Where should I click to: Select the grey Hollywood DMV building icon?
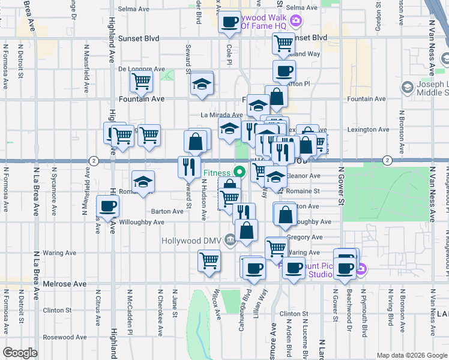pyautogui.click(x=230, y=241)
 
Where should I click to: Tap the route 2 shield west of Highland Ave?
pyautogui.click(x=94, y=160)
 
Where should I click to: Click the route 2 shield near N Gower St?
pyautogui.click(x=388, y=160)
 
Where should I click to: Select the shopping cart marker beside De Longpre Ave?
pyautogui.click(x=141, y=80)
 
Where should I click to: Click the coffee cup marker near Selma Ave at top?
pyautogui.click(x=229, y=23)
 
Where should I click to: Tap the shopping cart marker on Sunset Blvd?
pyautogui.click(x=283, y=43)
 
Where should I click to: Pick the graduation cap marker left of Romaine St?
pyautogui.click(x=143, y=182)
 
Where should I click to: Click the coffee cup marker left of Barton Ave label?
pyautogui.click(x=108, y=207)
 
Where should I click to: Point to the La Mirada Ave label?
pyautogui.click(x=221, y=115)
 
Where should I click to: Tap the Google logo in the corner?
pyautogui.click(x=20, y=352)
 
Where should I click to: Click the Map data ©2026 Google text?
pyautogui.click(x=411, y=355)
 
